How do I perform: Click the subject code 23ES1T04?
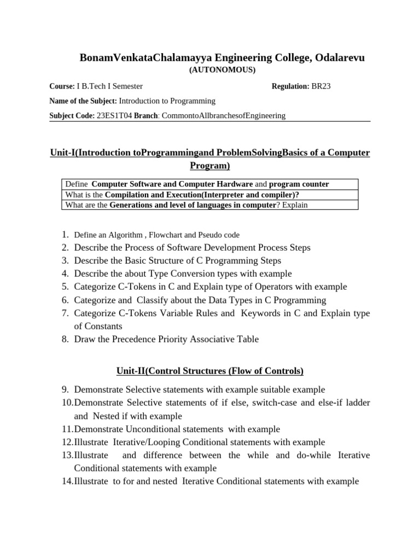pyautogui.click(x=114, y=115)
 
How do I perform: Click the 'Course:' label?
pyautogui.click(x=62, y=86)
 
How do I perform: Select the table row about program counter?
pyautogui.click(x=208, y=184)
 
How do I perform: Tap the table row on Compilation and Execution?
pyautogui.click(x=208, y=195)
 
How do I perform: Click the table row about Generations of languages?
pyautogui.click(x=208, y=205)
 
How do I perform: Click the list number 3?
pyautogui.click(x=65, y=260)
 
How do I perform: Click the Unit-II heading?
pyautogui.click(x=209, y=371)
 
